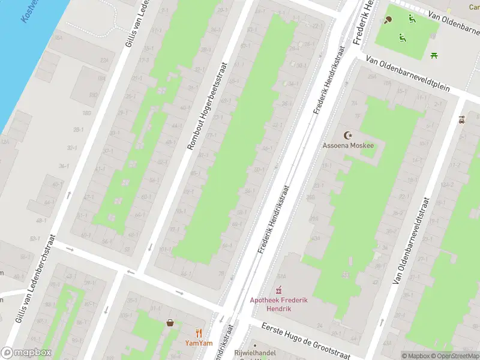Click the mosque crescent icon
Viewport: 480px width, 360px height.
[x=347, y=135]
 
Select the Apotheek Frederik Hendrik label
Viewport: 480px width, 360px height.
[x=279, y=304]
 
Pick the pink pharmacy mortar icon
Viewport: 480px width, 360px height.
[x=278, y=290]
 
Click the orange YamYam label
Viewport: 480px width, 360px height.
[x=198, y=344]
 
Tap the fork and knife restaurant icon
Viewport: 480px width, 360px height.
[x=198, y=333]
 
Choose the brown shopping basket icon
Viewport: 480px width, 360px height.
[x=170, y=322]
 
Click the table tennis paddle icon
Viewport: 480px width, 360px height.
[x=388, y=20]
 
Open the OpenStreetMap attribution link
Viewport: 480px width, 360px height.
[x=453, y=356]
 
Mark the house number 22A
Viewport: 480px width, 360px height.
[x=104, y=60]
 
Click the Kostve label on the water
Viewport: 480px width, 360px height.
[x=30, y=11]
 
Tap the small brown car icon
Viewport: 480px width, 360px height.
[x=461, y=119]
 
